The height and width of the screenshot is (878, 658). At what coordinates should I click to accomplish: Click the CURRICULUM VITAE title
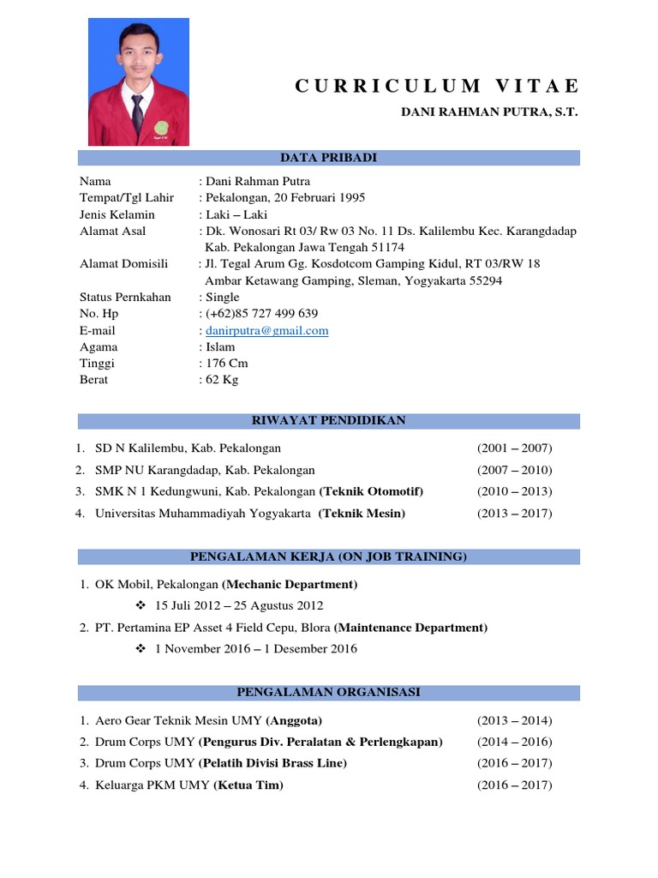point(437,86)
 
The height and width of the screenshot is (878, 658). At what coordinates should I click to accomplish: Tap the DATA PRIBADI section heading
point(329,158)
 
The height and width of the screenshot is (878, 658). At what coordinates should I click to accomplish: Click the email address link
point(267,331)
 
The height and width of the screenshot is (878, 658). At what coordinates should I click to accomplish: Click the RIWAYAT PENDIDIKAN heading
point(329,421)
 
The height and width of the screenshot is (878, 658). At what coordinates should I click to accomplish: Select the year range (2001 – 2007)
point(514,448)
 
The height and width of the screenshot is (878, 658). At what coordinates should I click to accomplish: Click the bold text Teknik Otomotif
point(372,492)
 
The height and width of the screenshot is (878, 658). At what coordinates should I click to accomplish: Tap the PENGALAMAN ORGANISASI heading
point(329,693)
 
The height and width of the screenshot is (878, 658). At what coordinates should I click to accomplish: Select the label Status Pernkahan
point(125,298)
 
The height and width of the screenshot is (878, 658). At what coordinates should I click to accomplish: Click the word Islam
point(221,347)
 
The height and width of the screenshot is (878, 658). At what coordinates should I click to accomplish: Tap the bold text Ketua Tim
point(249,785)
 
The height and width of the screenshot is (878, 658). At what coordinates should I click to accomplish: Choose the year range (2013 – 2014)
point(514,721)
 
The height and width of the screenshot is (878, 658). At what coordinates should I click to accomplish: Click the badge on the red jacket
point(168,127)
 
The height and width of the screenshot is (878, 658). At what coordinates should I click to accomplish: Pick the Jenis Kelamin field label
point(117,214)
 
